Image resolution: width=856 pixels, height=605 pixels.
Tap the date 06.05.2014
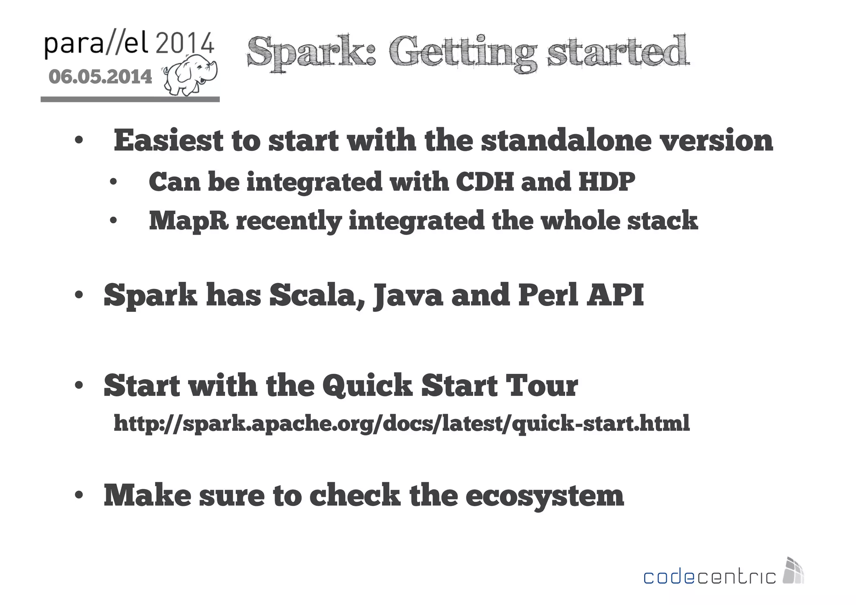pos(100,77)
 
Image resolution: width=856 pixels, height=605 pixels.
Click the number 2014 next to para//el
pos(185,43)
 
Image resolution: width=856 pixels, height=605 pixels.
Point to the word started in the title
pos(618,52)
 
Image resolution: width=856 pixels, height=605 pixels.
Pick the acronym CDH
pos(484,182)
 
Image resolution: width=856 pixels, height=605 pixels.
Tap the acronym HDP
pos(606,182)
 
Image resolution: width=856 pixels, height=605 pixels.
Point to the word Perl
pos(548,295)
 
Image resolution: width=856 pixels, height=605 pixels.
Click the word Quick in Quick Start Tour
pos(367,385)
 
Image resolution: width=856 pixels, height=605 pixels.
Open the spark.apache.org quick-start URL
pos(401,424)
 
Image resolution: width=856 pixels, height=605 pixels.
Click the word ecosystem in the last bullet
pos(544,495)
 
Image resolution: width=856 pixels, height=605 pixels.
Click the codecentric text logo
pos(709,577)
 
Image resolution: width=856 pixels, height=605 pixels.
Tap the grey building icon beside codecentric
pos(793,571)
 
